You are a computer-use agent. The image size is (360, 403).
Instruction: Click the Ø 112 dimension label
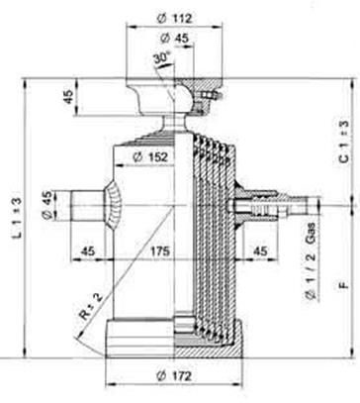click(x=174, y=18)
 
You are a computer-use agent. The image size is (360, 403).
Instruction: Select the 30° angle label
click(x=161, y=58)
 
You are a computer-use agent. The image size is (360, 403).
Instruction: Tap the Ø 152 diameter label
click(x=150, y=157)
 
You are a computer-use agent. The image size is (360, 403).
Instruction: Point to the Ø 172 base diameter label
click(x=174, y=375)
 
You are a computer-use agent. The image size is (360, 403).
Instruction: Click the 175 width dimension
click(x=160, y=251)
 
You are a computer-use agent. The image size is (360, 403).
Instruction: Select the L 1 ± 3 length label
click(x=17, y=217)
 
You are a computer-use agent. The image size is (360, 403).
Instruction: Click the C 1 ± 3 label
click(x=343, y=142)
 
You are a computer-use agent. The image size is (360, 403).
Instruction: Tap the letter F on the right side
click(x=344, y=284)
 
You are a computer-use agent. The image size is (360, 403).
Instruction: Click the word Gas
click(x=311, y=234)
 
